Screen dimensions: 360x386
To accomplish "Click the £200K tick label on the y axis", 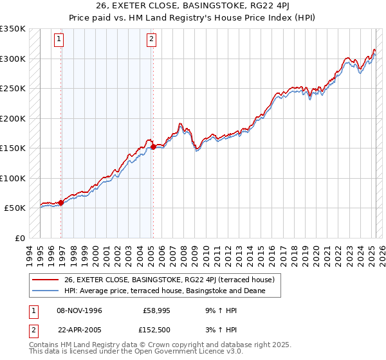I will pos(12,118).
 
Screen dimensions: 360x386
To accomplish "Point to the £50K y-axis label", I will pos(14,208).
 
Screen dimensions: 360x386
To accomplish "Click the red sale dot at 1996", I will pos(61,203).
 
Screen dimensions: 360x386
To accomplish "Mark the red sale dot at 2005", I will pos(154,147).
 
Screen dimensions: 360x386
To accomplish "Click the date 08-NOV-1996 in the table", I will pos(80,310).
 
